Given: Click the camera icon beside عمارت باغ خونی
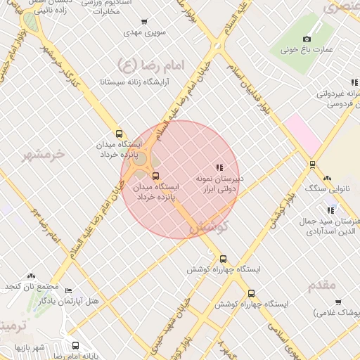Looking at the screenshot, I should click(307, 39).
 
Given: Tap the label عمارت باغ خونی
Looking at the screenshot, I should click(307, 51).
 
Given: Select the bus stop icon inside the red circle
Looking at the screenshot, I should click(155, 175).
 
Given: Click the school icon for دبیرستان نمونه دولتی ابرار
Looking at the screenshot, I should click(219, 167).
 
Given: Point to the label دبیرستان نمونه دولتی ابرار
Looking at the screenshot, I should click(219, 184).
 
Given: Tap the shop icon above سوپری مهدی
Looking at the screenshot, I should click(145, 22).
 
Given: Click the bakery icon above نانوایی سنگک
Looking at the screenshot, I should click(328, 178).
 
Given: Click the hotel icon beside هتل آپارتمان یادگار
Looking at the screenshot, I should click(67, 290).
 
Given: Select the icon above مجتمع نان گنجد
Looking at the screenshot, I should click(30, 276).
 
